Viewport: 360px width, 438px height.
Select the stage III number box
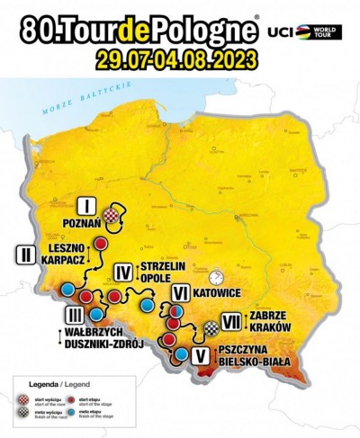pos(75,314)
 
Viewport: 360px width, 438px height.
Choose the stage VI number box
pos(180,292)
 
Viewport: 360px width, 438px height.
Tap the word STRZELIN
pos(164,266)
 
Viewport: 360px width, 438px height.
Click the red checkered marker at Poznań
pos(110,215)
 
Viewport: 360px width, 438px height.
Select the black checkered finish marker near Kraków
pos(210,328)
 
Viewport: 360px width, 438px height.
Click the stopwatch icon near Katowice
pos(214,273)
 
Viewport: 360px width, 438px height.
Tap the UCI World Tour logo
pos(310,31)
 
